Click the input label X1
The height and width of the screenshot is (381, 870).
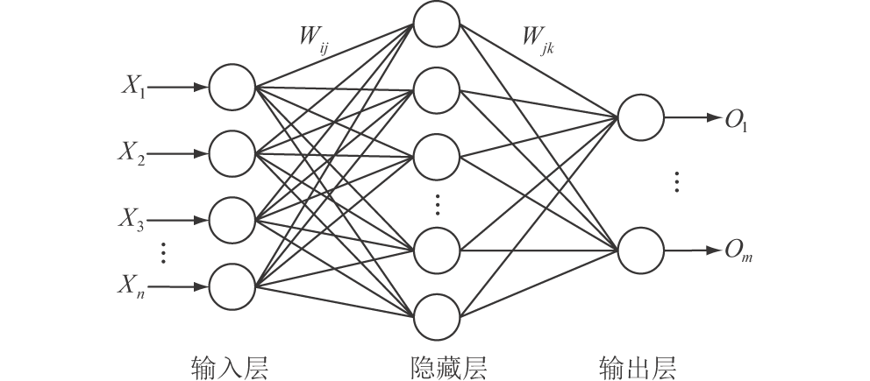[135, 88]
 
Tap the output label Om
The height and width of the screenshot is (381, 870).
[736, 252]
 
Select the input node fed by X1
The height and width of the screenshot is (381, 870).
[232, 87]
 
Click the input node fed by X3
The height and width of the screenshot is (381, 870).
[232, 220]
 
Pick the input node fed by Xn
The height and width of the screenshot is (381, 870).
[232, 286]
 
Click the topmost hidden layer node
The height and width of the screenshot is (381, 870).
[437, 25]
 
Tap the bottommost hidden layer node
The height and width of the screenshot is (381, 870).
[437, 317]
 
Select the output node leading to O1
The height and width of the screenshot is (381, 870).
[641, 116]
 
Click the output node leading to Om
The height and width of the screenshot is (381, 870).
[641, 250]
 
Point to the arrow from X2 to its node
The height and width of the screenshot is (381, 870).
[180, 153]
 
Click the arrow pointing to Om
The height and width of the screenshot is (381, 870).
[692, 250]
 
